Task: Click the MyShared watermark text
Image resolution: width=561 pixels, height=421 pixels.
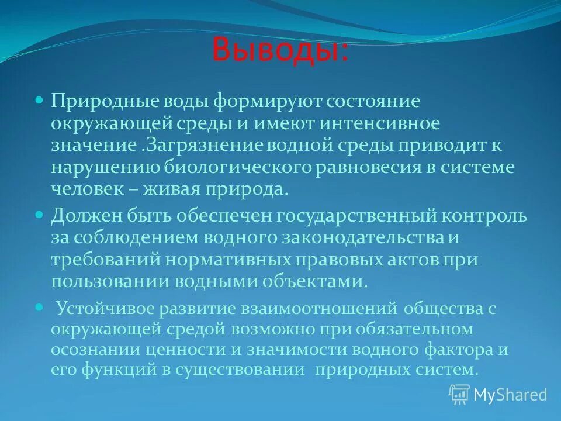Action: coord(510,395)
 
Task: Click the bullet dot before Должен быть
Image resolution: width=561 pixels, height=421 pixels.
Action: coord(40,215)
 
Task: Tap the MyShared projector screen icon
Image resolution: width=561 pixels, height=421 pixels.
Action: coord(459,395)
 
